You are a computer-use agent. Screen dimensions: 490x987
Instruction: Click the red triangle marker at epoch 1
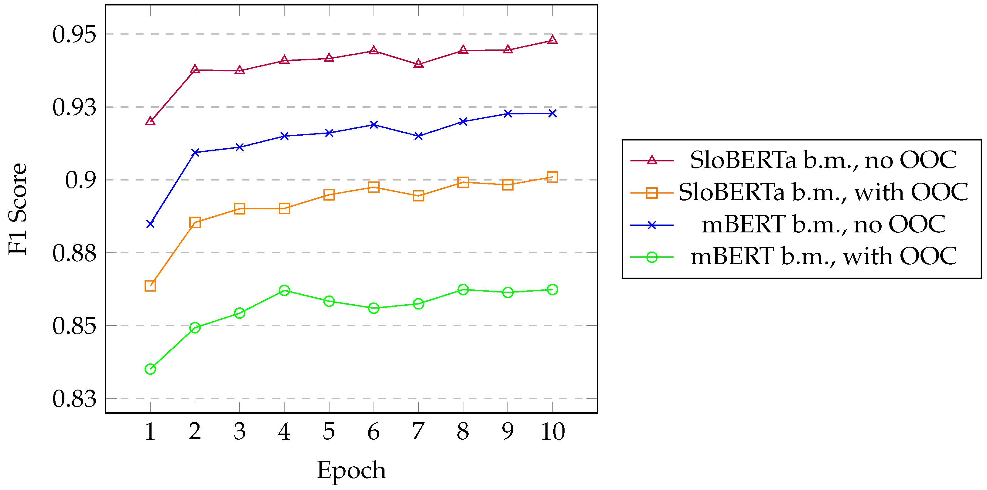150,121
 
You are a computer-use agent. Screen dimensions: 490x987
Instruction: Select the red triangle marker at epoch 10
552,40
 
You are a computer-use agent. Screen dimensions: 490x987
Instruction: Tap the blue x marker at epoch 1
150,224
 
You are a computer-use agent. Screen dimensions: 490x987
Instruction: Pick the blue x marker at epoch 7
418,136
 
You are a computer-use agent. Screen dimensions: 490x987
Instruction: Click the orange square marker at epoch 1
150,286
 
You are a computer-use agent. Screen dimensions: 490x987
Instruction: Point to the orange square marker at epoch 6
374,187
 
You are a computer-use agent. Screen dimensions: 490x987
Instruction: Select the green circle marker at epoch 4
284,290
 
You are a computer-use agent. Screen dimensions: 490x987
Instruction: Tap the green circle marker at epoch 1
150,369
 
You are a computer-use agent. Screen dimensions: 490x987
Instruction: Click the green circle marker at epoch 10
552,289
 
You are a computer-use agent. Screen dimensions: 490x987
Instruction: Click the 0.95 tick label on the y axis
74,35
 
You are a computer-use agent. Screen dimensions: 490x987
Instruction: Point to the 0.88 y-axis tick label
74,253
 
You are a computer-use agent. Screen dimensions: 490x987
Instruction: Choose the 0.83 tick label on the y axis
74,399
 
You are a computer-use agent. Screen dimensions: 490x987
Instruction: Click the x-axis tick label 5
329,431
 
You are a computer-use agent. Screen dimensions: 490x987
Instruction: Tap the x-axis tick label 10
552,431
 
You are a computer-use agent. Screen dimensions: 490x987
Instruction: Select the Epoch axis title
351,470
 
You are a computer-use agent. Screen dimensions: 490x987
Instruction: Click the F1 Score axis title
18,209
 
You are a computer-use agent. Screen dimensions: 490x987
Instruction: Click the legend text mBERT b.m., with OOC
823,256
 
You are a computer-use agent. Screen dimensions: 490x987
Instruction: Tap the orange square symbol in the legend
652,193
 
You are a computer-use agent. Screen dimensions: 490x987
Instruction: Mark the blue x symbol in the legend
652,225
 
